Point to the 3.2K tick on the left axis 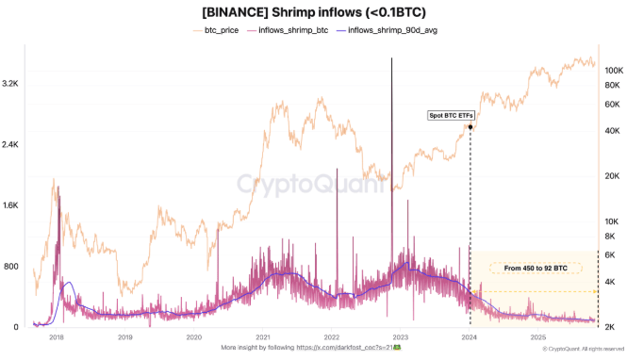point(10,84)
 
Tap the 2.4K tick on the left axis point(10,144)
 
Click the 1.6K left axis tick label point(10,205)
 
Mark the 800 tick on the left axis point(10,267)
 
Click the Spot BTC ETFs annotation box point(451,115)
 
